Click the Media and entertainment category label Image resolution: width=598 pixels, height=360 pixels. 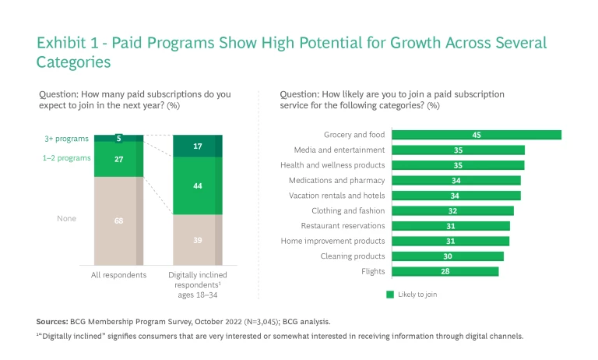pyautogui.click(x=339, y=150)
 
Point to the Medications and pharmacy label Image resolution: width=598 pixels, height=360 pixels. pyautogui.click(x=337, y=180)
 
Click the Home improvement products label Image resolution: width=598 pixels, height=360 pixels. pyautogui.click(x=333, y=241)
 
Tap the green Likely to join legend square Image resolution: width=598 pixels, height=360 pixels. pyautogui.click(x=391, y=295)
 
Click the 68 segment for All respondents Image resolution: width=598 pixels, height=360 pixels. pyautogui.click(x=118, y=221)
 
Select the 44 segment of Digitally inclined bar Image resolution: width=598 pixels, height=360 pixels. pyautogui.click(x=198, y=186)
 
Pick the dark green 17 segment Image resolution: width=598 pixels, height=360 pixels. pyautogui.click(x=198, y=146)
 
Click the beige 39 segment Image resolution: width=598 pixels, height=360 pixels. pyautogui.click(x=198, y=240)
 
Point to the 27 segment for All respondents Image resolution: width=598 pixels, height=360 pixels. pyautogui.click(x=118, y=159)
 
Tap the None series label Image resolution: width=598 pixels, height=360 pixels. pyautogui.click(x=66, y=219)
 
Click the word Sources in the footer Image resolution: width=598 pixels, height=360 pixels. pyautogui.click(x=52, y=321)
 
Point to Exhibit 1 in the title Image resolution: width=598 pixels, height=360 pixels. pyautogui.click(x=69, y=44)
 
